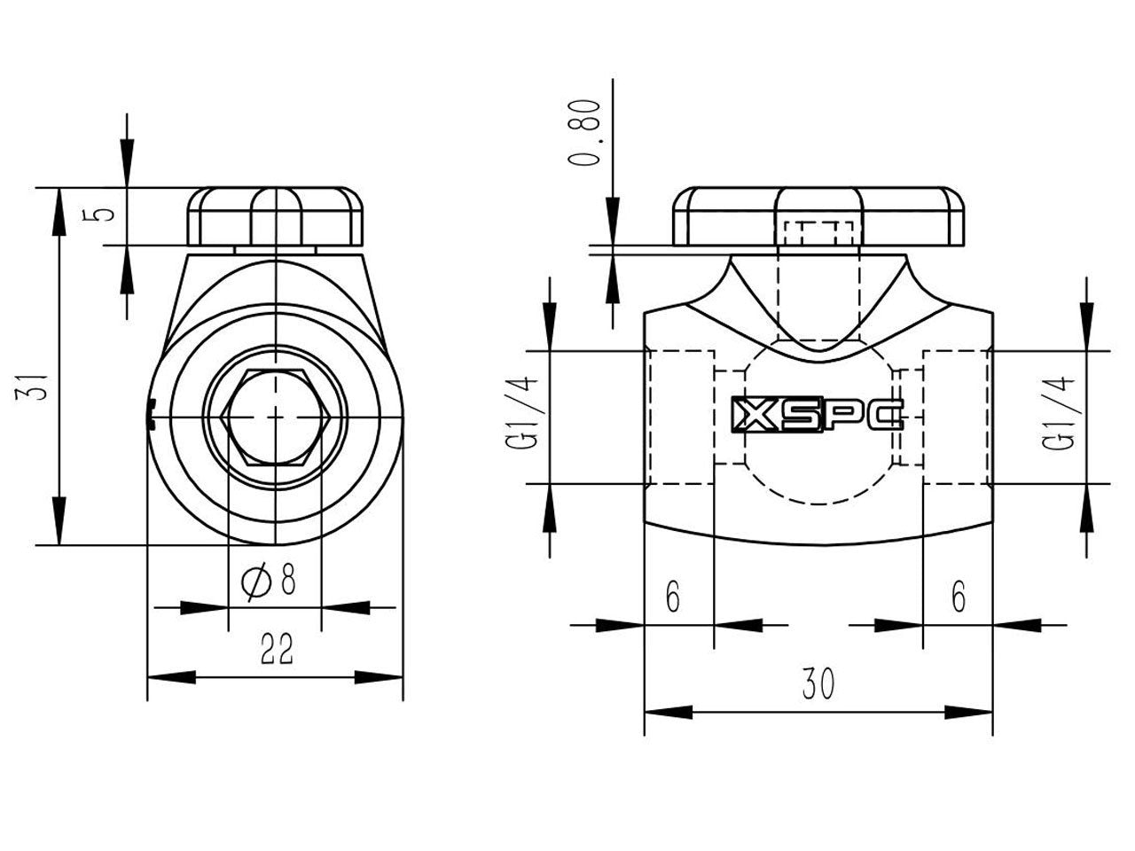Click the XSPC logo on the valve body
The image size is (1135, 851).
(816, 414)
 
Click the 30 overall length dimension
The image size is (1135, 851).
(818, 683)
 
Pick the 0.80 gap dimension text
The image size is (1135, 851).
(586, 132)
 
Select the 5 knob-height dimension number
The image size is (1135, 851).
(104, 214)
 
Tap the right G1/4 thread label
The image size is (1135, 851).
(1061, 417)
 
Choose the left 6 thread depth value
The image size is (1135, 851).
(673, 597)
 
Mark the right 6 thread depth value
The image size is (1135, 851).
(958, 597)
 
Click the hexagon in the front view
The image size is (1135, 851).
(276, 416)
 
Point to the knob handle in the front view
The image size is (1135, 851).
(275, 217)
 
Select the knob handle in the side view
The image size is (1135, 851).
(818, 216)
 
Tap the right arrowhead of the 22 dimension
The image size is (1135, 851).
(380, 677)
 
